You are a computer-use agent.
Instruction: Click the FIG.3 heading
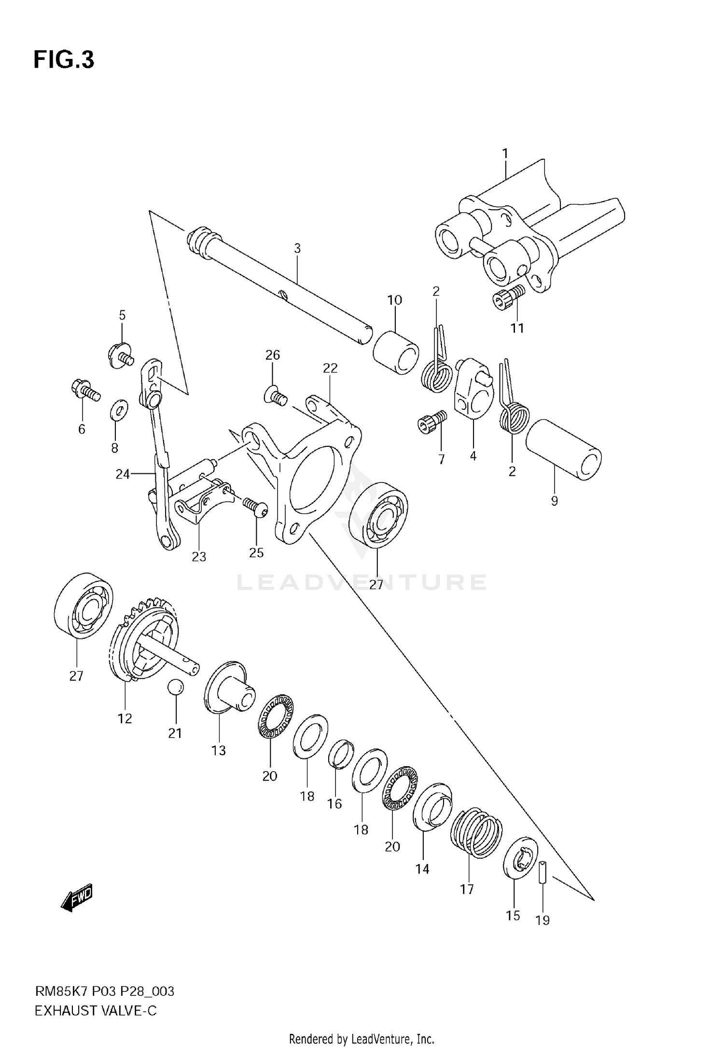pos(64,60)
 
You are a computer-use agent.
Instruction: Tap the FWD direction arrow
pos(77,899)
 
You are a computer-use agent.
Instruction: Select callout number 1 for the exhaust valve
pos(505,154)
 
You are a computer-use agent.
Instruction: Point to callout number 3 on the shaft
pos(297,248)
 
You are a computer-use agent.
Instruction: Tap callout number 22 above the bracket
pos(330,369)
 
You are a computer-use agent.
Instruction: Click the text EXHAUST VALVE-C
pos(96,1010)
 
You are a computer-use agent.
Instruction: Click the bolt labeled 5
pos(120,356)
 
